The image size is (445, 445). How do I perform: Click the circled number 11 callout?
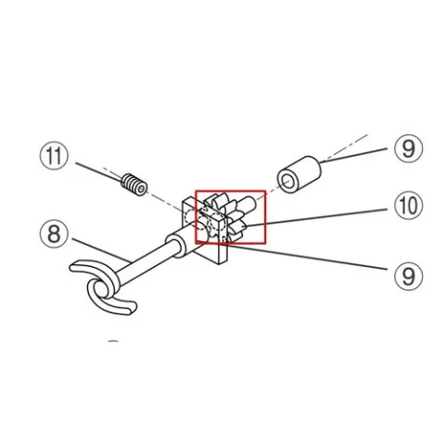coord(54,156)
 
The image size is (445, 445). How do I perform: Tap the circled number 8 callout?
coord(54,234)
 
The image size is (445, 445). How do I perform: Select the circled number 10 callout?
coord(409,206)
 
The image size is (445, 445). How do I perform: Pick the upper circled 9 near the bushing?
coord(409,148)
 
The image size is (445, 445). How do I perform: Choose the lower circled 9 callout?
coord(409,276)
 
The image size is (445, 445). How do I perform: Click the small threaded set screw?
coord(134,184)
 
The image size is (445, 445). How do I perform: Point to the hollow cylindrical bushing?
coord(299,175)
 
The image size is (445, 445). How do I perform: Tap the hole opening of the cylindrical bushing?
coord(287,182)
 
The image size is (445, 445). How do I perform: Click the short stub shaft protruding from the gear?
coord(247,204)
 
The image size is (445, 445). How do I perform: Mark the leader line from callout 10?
coord(316,218)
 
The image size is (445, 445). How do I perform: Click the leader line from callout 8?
coord(101,250)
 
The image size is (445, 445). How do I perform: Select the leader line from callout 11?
coord(99,172)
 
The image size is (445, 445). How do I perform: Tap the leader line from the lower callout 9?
coord(306,257)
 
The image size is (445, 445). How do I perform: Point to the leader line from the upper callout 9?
coord(353,156)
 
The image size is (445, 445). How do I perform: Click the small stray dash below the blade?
coord(113,341)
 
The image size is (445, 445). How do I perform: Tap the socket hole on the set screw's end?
coord(142,189)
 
